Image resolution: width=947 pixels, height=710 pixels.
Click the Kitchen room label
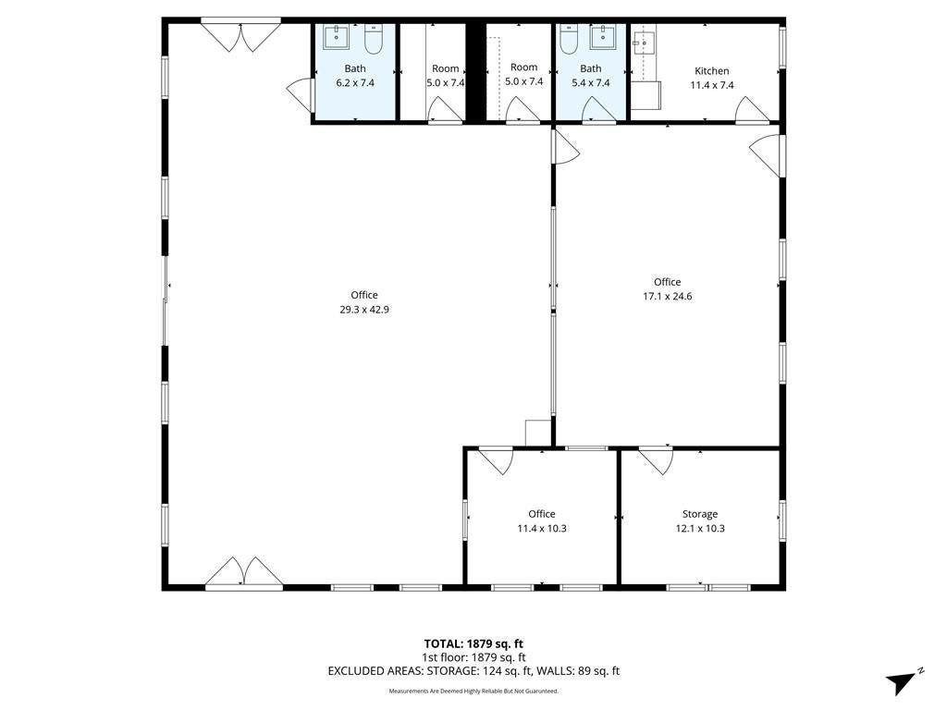(711, 70)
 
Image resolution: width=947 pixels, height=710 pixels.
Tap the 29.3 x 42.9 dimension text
(364, 310)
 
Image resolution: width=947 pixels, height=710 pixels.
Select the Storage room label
(700, 514)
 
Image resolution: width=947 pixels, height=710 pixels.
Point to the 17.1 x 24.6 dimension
(668, 297)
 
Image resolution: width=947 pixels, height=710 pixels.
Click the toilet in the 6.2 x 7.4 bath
(374, 40)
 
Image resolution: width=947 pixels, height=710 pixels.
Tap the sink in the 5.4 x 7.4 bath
(603, 37)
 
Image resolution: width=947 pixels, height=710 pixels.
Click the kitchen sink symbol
(644, 43)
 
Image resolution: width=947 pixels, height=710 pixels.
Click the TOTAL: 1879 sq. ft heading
(473, 643)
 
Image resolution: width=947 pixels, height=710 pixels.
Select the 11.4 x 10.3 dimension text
(542, 529)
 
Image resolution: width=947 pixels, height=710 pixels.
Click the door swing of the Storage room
(657, 459)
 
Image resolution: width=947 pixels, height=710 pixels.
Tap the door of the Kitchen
(751, 109)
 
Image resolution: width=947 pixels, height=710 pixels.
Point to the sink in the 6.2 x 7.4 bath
(336, 37)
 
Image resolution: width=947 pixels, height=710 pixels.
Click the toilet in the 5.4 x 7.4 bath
(569, 40)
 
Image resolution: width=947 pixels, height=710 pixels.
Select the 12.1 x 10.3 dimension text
(700, 529)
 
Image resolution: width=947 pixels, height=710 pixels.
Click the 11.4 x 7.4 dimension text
(712, 86)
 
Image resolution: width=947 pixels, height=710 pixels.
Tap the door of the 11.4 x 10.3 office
(497, 459)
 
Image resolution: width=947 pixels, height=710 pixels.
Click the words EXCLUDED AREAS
(375, 671)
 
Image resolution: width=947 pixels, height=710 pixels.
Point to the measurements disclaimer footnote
(473, 692)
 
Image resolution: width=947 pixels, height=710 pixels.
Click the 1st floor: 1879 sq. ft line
(473, 657)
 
